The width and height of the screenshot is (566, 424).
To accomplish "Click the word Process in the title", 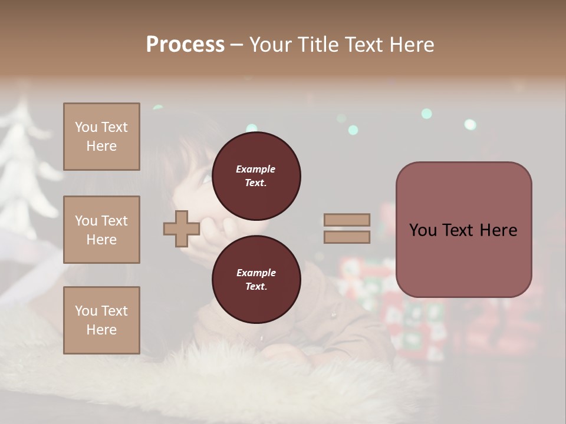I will [185, 45].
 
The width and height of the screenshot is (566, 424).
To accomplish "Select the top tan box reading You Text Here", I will [101, 137].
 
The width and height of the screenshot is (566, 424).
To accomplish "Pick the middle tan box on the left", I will [101, 230].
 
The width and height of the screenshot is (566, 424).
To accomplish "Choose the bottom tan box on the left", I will [101, 320].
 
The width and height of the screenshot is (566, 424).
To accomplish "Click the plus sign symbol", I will [182, 229].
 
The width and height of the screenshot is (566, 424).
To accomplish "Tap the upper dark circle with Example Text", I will [256, 176].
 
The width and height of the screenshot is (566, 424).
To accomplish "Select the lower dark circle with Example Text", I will [256, 280].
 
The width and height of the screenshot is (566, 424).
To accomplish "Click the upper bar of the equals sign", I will [347, 220].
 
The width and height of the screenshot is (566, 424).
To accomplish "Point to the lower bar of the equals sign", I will [347, 237].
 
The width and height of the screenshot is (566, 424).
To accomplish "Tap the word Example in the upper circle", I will [256, 170].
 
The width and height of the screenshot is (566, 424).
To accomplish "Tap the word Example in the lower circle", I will [256, 273].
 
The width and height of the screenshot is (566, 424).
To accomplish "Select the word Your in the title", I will [269, 45].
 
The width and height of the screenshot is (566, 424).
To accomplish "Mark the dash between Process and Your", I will [237, 45].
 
